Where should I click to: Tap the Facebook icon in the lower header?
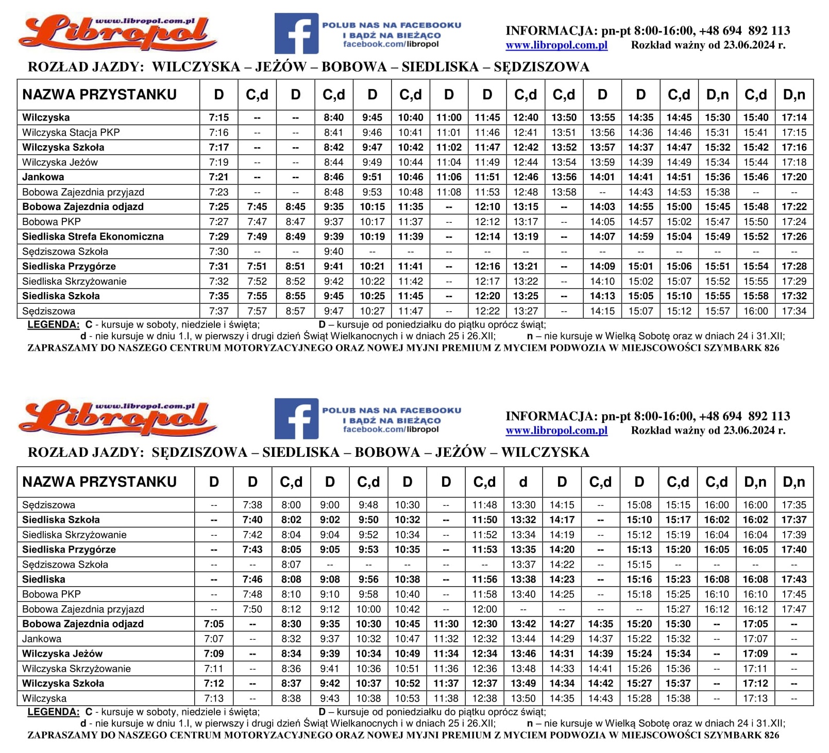tap(296, 419)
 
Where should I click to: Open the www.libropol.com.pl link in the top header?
tap(556, 45)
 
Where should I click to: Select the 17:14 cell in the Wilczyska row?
tap(794, 117)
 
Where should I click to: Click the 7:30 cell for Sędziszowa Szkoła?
tap(219, 251)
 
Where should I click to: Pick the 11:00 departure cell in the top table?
tap(449, 117)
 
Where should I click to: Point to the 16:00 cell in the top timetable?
tap(756, 311)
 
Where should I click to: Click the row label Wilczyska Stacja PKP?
tap(71, 132)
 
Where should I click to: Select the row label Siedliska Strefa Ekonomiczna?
tap(93, 236)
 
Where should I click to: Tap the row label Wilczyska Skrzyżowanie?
tap(76, 669)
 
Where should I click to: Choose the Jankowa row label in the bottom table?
tap(42, 639)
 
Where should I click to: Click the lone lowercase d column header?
tap(523, 482)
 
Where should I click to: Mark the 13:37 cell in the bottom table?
tap(523, 564)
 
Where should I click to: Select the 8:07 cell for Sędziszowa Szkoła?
tap(291, 564)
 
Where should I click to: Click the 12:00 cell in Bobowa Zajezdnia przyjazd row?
tap(484, 609)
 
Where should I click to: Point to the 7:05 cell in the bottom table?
tap(214, 624)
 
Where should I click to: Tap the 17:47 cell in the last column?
tap(793, 609)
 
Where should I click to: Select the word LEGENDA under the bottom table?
tap(53, 712)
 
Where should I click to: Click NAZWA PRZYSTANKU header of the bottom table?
tap(99, 482)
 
